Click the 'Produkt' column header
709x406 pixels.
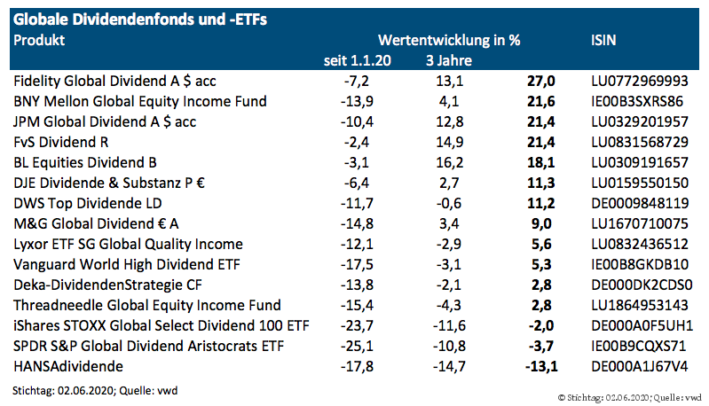(x=39, y=40)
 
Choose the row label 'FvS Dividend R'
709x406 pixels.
(x=66, y=142)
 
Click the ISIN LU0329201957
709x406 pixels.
(x=639, y=121)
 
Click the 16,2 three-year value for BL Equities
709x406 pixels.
(x=453, y=162)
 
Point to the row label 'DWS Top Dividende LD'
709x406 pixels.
(x=86, y=203)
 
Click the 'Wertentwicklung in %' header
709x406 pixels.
(x=449, y=40)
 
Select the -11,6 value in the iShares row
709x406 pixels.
(x=450, y=325)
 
